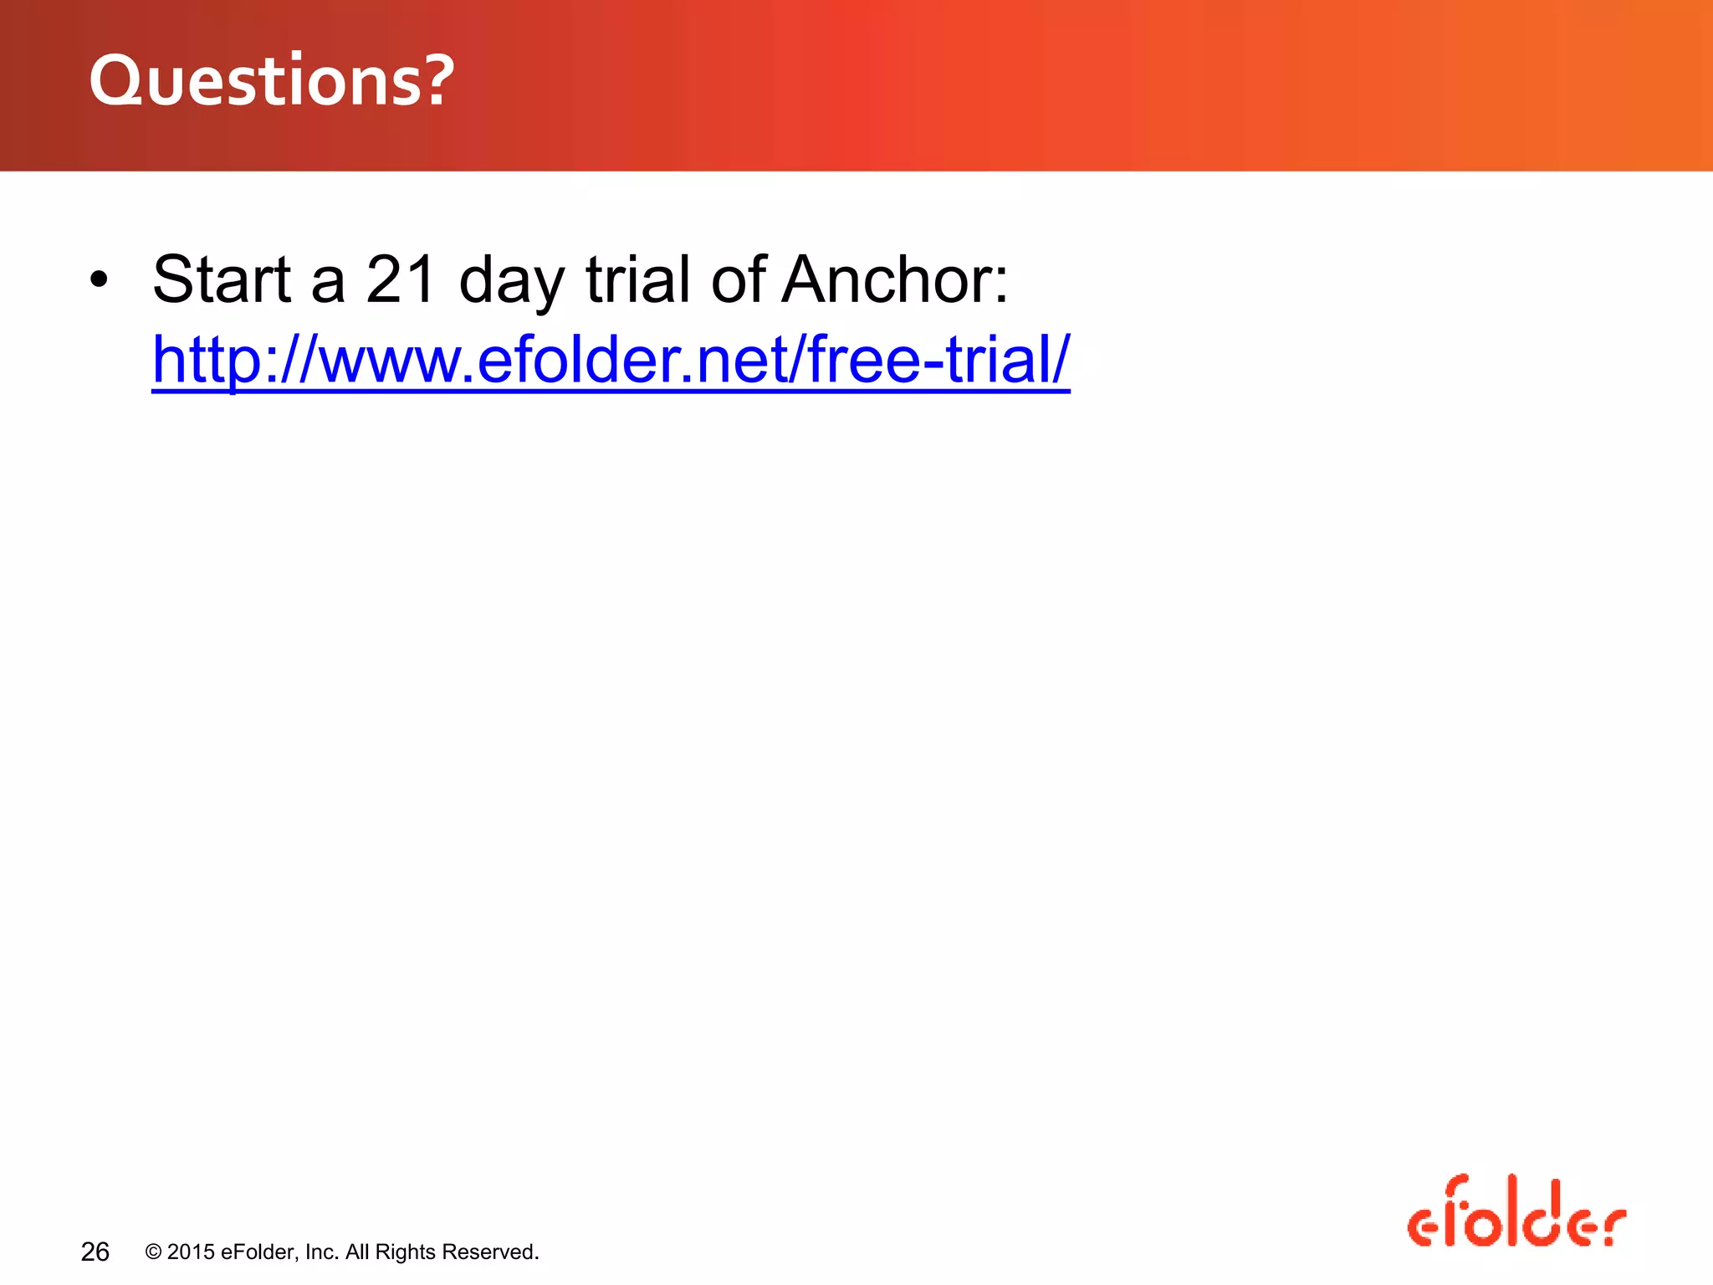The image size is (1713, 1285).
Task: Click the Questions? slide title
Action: (x=272, y=81)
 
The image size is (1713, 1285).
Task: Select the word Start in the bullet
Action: (x=222, y=279)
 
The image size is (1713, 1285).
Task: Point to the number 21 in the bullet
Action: (x=401, y=279)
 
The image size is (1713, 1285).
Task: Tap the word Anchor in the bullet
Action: (x=893, y=279)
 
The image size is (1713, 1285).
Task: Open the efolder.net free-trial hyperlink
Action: (x=611, y=360)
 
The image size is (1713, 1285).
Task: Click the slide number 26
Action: (x=95, y=1252)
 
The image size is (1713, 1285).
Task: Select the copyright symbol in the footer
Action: (x=153, y=1252)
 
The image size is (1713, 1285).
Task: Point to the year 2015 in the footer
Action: (x=191, y=1252)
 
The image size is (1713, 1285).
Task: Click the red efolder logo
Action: (x=1516, y=1213)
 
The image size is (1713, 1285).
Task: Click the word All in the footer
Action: (x=357, y=1252)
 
